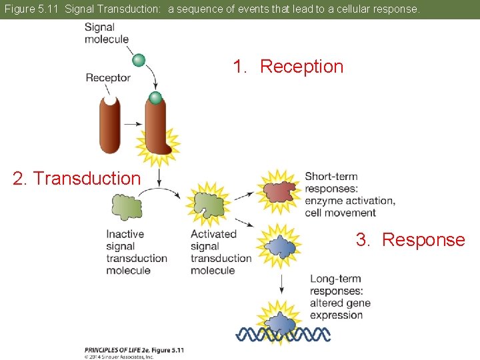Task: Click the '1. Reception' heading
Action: (x=288, y=67)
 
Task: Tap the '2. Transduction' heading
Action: (x=77, y=179)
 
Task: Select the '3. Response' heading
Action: (x=410, y=240)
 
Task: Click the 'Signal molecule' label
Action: (x=107, y=33)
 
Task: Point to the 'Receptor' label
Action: (x=108, y=78)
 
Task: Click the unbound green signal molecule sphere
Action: (x=139, y=61)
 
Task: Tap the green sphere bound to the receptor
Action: (x=155, y=99)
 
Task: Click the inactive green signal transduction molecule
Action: (x=127, y=207)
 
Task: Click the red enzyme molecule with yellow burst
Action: (x=279, y=190)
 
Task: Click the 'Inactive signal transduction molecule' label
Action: (x=136, y=252)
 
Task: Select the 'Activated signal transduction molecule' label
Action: (x=221, y=252)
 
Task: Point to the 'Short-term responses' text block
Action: (x=349, y=195)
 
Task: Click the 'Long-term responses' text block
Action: (x=340, y=297)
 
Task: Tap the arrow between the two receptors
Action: (x=133, y=125)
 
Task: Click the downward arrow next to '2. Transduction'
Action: (x=160, y=177)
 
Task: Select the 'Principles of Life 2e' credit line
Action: (x=134, y=350)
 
